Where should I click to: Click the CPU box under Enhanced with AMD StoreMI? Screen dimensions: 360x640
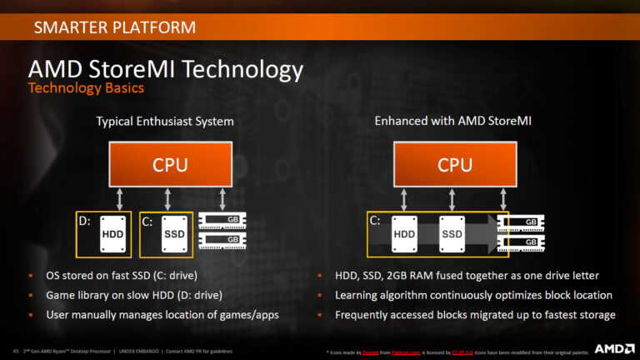coord(455,165)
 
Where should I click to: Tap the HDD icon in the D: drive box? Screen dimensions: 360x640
coord(112,234)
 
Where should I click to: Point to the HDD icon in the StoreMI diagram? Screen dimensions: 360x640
coord(404,234)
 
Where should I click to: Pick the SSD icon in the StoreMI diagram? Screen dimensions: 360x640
coord(452,234)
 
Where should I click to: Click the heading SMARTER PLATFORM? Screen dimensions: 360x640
coord(115,27)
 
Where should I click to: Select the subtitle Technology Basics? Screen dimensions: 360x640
coord(86,87)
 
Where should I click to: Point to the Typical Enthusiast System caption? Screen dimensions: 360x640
coord(164,122)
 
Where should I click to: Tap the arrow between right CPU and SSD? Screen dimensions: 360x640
coord(453,199)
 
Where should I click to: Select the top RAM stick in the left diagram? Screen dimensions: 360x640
coord(220,222)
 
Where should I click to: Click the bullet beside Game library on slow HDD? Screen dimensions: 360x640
coord(31,295)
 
